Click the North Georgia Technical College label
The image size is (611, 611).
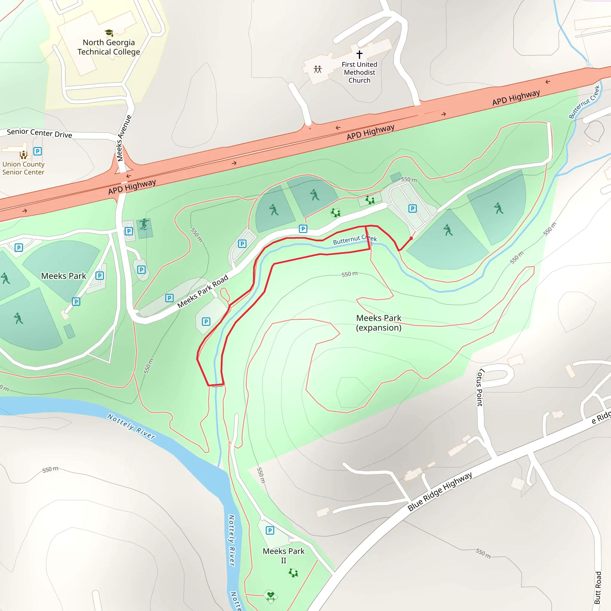point(109,47)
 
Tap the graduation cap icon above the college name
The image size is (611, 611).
point(109,33)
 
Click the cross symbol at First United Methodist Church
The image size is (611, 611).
point(359,54)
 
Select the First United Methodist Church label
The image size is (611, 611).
point(359,72)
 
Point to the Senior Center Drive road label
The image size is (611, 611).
point(40,133)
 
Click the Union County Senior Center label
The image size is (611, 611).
point(23,168)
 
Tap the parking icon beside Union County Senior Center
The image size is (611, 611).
point(38,151)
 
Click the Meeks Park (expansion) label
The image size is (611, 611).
point(379,323)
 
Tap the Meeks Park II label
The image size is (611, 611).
point(283,556)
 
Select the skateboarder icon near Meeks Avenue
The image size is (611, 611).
point(144,223)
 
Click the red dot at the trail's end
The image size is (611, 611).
point(411,238)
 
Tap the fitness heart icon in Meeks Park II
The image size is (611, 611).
point(270,596)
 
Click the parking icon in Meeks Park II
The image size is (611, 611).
point(270,530)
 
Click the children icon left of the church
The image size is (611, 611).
point(317,69)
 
